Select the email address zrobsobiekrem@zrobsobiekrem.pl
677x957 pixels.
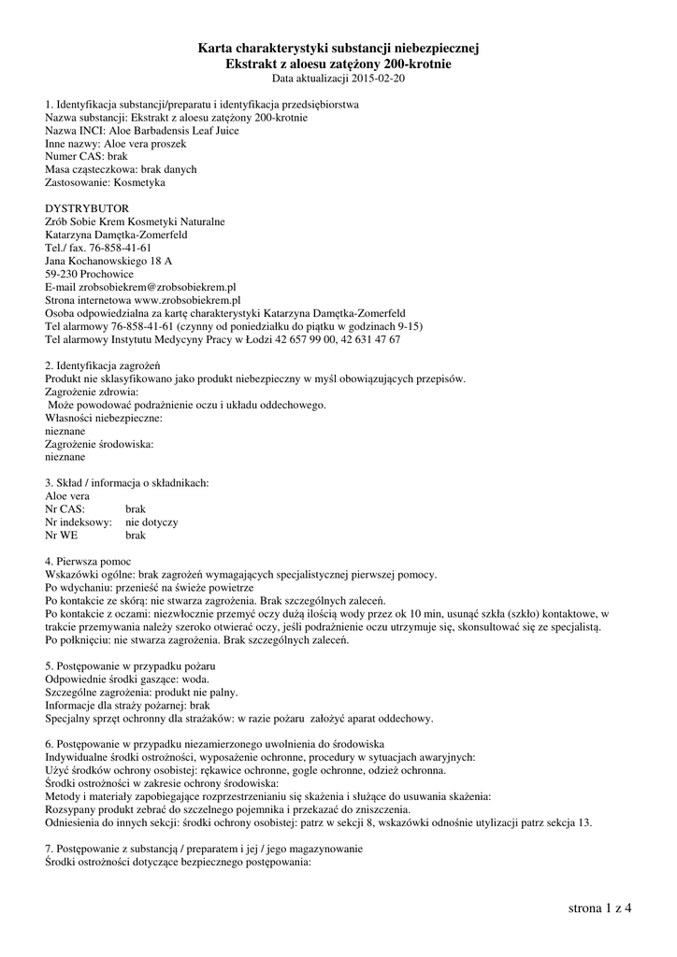(156, 287)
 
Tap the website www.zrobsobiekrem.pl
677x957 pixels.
(175, 300)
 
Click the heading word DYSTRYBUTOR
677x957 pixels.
(87, 208)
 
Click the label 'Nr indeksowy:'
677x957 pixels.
(79, 521)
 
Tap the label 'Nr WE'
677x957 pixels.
(62, 535)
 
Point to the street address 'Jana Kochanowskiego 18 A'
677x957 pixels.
(108, 261)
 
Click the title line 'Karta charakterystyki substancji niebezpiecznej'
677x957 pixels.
(338, 49)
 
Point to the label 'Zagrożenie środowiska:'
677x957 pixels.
(99, 445)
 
